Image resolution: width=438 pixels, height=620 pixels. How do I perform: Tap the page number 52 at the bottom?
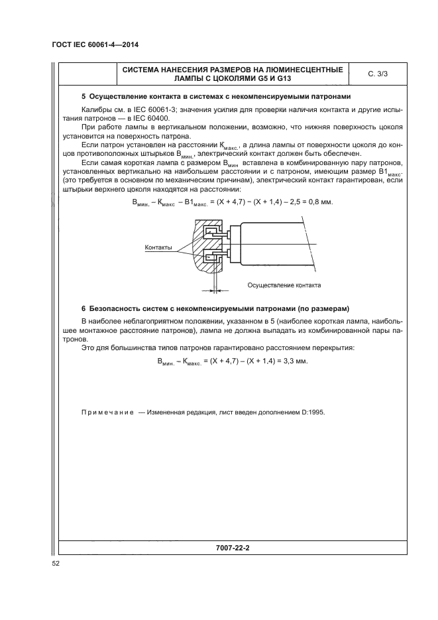(x=56, y=564)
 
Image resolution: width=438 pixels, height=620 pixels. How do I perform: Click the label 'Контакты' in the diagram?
(x=158, y=247)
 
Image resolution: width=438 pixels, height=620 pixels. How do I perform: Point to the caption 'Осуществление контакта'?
(x=284, y=285)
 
